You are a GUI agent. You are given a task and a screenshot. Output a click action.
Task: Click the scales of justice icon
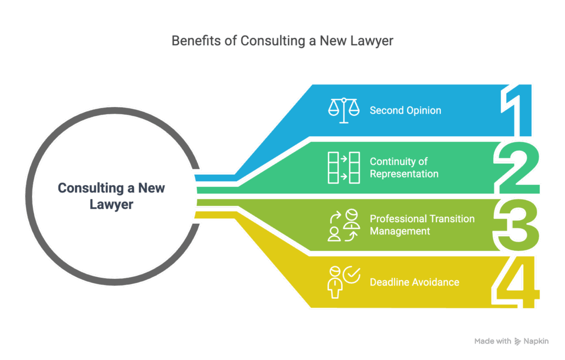[x=343, y=110]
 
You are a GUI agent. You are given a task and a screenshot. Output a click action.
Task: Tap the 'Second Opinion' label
[x=405, y=110]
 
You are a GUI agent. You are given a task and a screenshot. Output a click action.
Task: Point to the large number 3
[x=516, y=225]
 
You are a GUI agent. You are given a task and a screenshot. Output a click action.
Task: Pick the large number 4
[x=515, y=282]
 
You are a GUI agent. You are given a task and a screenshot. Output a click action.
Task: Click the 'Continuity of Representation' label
[x=403, y=168]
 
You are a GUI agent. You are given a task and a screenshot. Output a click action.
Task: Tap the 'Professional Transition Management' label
[x=422, y=225]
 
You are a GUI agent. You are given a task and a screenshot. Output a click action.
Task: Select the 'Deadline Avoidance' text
[x=414, y=282]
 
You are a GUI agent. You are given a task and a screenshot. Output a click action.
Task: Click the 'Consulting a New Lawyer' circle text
[x=111, y=196]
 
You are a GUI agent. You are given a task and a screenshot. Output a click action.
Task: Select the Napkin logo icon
[x=518, y=342]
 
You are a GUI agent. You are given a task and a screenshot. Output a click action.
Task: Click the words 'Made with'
[x=492, y=342]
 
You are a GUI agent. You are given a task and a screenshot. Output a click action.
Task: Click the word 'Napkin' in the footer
[x=536, y=342]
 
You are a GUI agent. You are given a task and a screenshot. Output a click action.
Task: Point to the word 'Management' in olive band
[x=399, y=231]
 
